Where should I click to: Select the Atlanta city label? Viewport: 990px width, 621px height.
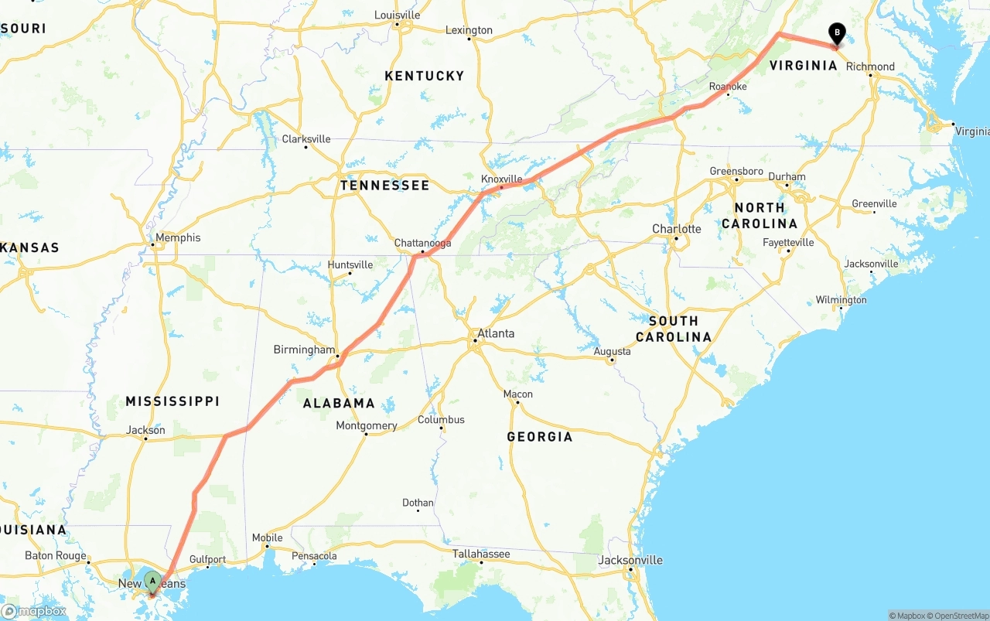[x=496, y=334]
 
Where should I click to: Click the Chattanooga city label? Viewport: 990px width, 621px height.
[x=422, y=243]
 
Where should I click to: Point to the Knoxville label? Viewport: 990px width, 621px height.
[x=502, y=179]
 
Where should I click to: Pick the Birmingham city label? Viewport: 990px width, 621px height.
[x=305, y=350]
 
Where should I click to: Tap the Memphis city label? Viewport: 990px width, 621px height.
[x=178, y=237]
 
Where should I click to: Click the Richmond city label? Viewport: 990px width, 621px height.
[x=870, y=67]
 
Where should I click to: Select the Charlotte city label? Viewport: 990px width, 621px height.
[x=677, y=229]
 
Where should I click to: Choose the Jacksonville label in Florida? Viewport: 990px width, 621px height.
[x=631, y=560]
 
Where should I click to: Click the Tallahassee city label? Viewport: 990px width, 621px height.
[x=481, y=554]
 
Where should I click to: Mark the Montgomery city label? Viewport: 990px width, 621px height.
[x=367, y=425]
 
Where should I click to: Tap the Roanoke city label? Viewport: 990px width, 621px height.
[x=728, y=87]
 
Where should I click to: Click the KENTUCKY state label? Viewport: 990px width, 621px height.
[x=425, y=76]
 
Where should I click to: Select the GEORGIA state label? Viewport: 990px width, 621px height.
[x=540, y=437]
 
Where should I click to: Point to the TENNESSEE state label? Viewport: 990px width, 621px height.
[x=384, y=186]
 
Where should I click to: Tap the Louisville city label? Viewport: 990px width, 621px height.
[x=398, y=15]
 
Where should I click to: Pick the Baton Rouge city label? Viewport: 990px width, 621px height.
[x=56, y=555]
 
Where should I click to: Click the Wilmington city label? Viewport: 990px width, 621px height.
[x=841, y=300]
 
